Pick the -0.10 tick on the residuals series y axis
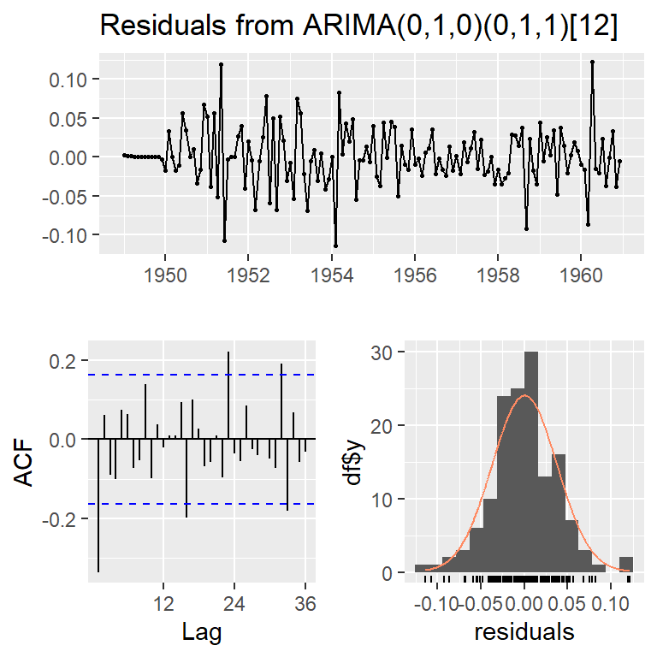pyautogui.click(x=70, y=234)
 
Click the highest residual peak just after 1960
pyautogui.click(x=592, y=62)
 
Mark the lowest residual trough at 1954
pyautogui.click(x=335, y=246)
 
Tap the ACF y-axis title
pyautogui.click(x=27, y=462)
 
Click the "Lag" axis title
pyautogui.click(x=203, y=633)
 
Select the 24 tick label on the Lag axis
pyautogui.click(x=235, y=603)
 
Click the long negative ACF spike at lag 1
pyautogui.click(x=98, y=505)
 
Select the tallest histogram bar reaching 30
pyautogui.click(x=531, y=462)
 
